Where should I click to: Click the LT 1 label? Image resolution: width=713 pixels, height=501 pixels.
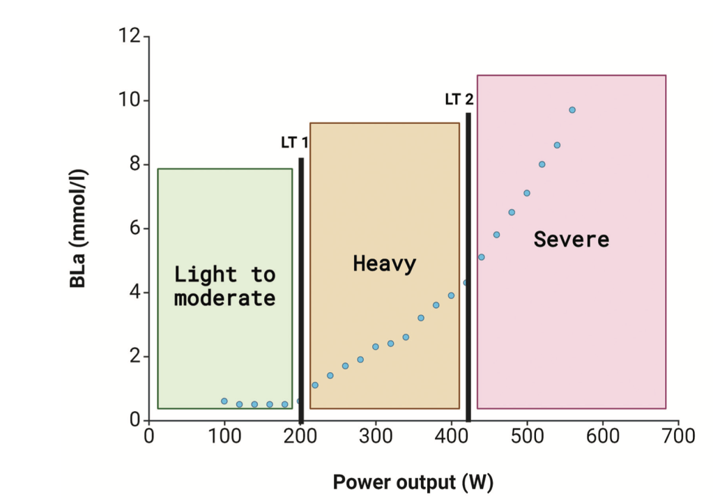(x=294, y=143)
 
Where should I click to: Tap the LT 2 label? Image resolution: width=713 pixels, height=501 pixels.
(x=459, y=100)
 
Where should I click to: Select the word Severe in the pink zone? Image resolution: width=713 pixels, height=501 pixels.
(x=571, y=240)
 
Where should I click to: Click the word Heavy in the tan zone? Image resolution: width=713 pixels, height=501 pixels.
(x=384, y=264)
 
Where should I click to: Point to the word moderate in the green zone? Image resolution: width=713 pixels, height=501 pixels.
(x=224, y=299)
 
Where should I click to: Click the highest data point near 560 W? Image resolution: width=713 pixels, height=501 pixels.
(x=572, y=110)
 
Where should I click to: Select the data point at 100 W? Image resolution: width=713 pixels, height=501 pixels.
(x=224, y=401)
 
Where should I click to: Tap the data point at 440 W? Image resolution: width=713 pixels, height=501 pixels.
(x=482, y=257)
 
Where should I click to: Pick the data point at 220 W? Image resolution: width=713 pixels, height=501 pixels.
(x=315, y=385)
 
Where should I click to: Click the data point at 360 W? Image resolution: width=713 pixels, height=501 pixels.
(x=421, y=318)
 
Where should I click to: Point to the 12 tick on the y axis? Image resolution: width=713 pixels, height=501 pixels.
(x=130, y=36)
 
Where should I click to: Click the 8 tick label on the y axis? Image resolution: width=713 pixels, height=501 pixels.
(x=135, y=165)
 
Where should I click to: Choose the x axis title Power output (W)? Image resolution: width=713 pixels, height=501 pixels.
(x=413, y=482)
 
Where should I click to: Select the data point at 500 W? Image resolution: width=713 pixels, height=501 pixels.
(x=527, y=193)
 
